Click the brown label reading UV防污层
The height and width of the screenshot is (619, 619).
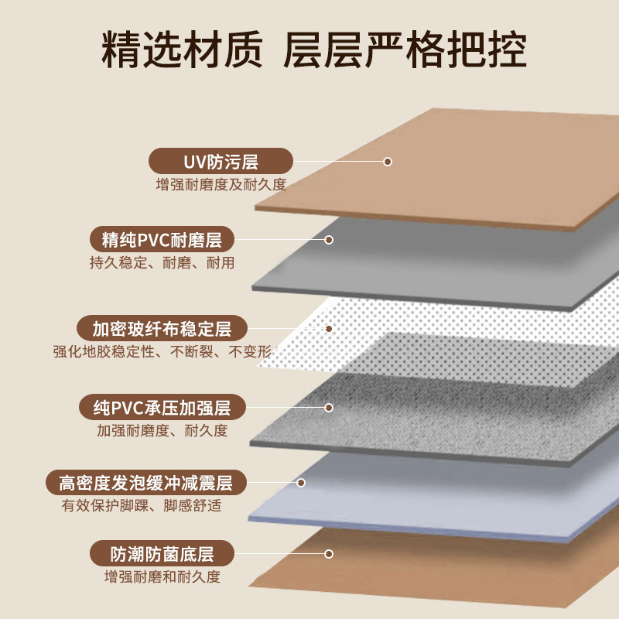(x=221, y=162)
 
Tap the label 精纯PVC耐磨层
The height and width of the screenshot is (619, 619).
(x=162, y=239)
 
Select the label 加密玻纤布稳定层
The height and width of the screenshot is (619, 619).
(x=162, y=328)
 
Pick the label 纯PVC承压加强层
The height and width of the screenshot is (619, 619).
(x=162, y=406)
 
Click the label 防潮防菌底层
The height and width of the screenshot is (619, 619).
(x=162, y=554)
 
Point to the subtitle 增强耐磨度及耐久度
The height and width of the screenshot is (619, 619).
(x=221, y=185)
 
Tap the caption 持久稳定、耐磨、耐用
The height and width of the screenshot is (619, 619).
(x=162, y=263)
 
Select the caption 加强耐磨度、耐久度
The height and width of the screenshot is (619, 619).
(x=162, y=430)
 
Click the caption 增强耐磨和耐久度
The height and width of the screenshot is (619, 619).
(x=162, y=577)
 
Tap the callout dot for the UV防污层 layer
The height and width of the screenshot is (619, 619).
(x=388, y=162)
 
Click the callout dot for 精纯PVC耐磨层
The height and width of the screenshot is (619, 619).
(x=329, y=240)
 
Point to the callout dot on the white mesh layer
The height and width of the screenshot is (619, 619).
(x=329, y=329)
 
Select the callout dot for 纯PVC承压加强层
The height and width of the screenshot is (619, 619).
(x=329, y=407)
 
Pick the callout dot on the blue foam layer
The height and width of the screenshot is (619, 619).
(x=301, y=483)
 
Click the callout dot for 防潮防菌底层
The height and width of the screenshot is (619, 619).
(x=329, y=554)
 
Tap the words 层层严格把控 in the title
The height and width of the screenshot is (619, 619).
(x=406, y=50)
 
